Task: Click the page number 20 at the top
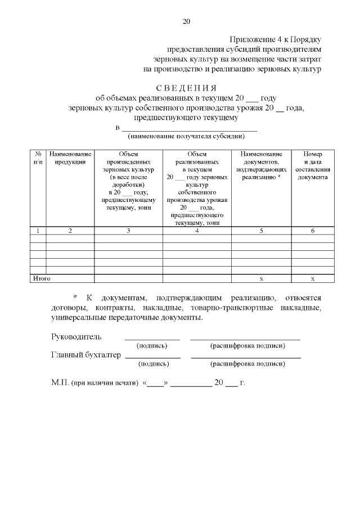[186, 22]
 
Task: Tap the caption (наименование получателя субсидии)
[186, 136]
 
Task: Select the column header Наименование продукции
[70, 158]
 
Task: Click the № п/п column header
[38, 158]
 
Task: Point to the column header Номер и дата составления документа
[313, 165]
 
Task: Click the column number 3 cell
[128, 231]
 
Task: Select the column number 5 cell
[261, 231]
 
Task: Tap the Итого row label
[42, 278]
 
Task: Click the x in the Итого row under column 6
[313, 278]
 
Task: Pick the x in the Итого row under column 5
[261, 278]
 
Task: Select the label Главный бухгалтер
[86, 355]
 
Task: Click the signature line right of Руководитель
[152, 339]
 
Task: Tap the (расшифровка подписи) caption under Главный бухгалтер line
[247, 364]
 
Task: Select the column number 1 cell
[38, 231]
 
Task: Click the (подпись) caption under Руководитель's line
[152, 345]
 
